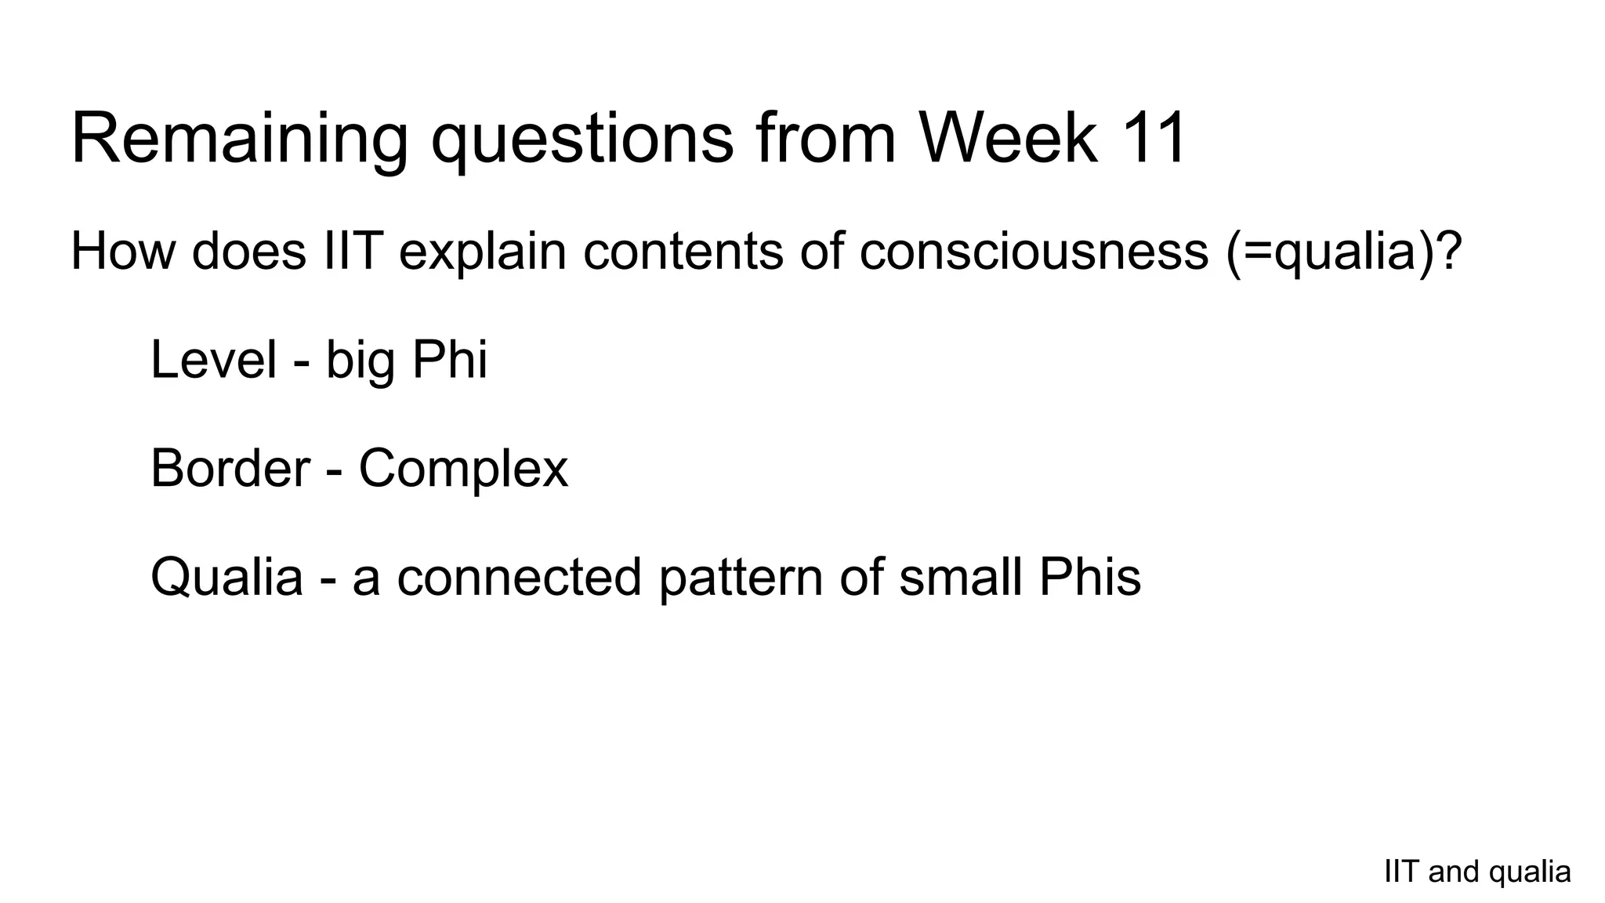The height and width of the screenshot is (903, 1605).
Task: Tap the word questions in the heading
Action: (582, 140)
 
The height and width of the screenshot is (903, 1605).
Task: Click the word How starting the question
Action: (122, 251)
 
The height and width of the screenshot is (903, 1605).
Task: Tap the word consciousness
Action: (1033, 251)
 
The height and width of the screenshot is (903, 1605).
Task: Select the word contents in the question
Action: (683, 251)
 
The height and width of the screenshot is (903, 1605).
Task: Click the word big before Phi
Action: (360, 361)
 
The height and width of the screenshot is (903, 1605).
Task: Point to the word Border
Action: (230, 468)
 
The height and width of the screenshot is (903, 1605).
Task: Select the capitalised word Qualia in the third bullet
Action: (226, 578)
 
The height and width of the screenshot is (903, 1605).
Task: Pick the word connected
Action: (519, 576)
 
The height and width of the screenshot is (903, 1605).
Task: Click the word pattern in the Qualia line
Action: (741, 578)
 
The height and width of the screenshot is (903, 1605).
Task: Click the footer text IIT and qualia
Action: (1477, 872)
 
